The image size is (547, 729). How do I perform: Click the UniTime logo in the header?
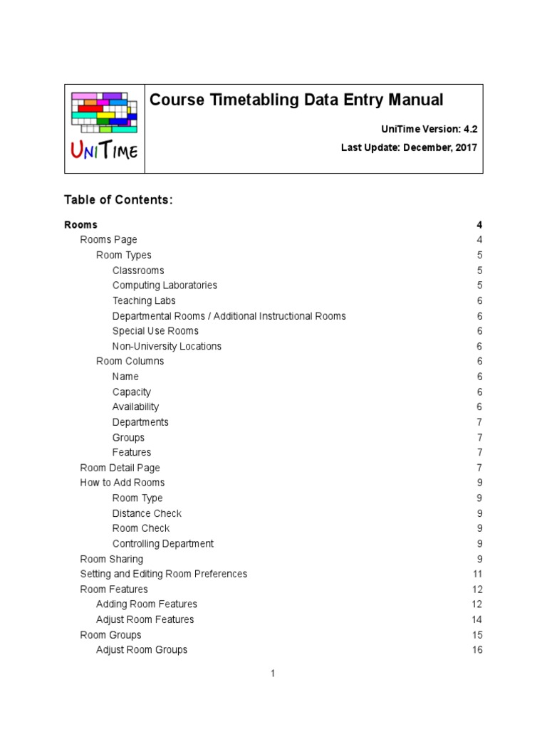click(104, 128)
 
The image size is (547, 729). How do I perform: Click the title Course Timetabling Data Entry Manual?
click(296, 100)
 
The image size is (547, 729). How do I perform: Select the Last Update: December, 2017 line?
click(409, 148)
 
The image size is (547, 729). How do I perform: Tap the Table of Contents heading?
click(118, 200)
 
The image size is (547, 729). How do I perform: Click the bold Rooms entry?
click(80, 225)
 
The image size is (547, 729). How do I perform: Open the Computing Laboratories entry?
click(165, 285)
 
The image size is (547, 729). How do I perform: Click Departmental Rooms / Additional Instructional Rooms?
click(229, 316)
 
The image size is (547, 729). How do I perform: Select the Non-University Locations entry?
click(167, 346)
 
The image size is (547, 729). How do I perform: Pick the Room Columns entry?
click(130, 361)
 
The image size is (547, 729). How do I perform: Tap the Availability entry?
click(135, 407)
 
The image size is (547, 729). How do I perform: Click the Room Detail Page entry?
click(120, 468)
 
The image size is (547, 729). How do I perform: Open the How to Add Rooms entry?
click(123, 483)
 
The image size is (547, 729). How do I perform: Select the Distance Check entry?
click(147, 513)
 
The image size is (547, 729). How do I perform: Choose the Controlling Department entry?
click(162, 543)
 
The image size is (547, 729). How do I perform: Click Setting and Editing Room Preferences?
click(163, 574)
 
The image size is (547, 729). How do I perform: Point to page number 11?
click(477, 574)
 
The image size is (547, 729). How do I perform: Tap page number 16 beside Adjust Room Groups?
click(477, 649)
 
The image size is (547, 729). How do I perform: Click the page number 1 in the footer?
click(273, 673)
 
